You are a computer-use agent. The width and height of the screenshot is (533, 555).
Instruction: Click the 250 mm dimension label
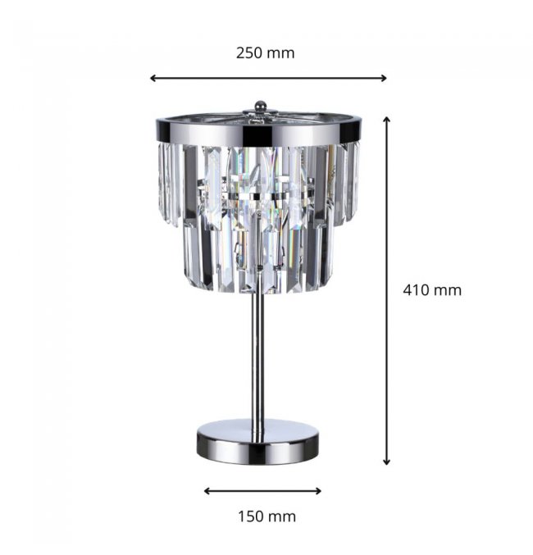tap(265, 53)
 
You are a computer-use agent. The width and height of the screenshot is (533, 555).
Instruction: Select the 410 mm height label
tap(432, 290)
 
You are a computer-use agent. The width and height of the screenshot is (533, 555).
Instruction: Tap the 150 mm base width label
tap(266, 516)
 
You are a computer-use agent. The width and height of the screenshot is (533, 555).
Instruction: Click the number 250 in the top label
tap(249, 53)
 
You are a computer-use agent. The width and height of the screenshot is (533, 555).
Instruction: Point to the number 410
tap(416, 290)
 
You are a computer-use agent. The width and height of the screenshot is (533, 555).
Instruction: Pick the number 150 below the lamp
tap(250, 516)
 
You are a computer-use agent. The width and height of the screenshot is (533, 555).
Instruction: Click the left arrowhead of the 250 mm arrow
tap(153, 78)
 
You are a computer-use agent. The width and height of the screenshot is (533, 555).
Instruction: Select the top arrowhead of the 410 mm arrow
tap(387, 120)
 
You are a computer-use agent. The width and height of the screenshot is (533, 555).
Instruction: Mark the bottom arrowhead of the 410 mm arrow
tap(387, 462)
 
